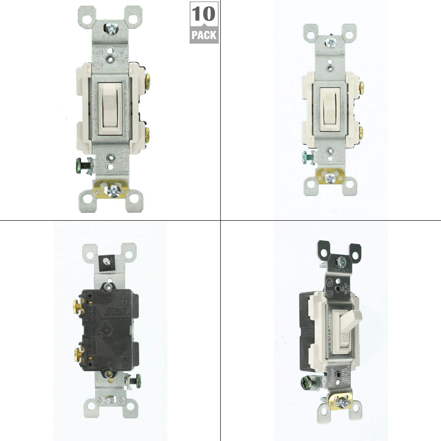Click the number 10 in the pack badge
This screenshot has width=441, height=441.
coord(204,14)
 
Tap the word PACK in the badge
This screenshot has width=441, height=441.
coord(204,35)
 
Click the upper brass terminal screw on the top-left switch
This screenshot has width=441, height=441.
coord(147,81)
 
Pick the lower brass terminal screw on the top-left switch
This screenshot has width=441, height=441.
coord(147,135)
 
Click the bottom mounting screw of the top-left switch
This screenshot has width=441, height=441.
coord(113,190)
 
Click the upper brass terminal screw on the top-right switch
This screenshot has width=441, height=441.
coord(361,87)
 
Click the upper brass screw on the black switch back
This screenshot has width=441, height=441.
coord(77,306)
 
